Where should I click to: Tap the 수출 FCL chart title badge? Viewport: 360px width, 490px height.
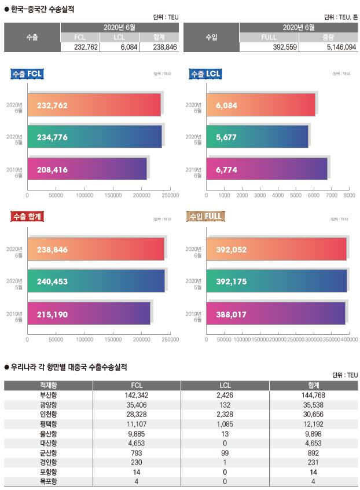click(x=28, y=74)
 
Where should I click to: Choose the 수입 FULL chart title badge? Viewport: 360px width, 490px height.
click(x=206, y=217)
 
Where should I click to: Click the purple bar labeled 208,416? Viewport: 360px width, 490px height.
click(x=87, y=169)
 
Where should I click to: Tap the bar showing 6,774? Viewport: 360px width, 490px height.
click(x=266, y=169)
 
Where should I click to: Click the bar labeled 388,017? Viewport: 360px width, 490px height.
click(x=275, y=313)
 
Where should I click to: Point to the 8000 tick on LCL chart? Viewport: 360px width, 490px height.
click(x=349, y=196)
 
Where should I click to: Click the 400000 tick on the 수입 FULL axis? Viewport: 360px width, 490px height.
click(x=348, y=339)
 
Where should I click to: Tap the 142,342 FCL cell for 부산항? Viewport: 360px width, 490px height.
click(x=137, y=394)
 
